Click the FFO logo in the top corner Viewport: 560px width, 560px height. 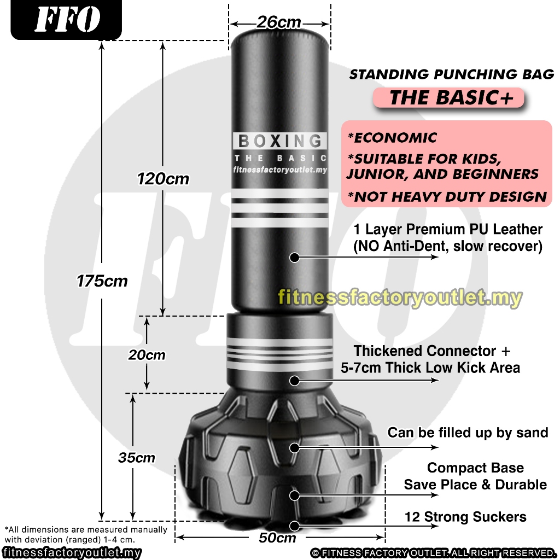click(67, 20)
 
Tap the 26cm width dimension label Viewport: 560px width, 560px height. click(279, 22)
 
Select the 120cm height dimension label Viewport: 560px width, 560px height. click(163, 178)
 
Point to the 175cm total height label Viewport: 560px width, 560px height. click(102, 281)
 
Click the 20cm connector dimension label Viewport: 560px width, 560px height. click(147, 355)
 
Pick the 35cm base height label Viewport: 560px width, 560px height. click(137, 458)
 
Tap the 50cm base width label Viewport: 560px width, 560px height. click(277, 538)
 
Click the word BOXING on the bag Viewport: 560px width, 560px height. click(280, 141)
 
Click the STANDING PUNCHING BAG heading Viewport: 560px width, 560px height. click(452, 74)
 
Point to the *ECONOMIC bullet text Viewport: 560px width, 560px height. click(393, 138)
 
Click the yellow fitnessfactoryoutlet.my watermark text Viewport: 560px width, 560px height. click(400, 298)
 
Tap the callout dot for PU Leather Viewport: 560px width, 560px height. click(295, 257)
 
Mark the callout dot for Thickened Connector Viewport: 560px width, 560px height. click(295, 381)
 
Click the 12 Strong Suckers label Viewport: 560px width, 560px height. click(465, 517)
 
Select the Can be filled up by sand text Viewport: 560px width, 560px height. click(468, 433)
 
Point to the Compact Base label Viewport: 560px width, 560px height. click(475, 468)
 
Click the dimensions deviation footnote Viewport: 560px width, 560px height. click(86, 534)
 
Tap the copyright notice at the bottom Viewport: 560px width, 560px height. click(433, 553)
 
